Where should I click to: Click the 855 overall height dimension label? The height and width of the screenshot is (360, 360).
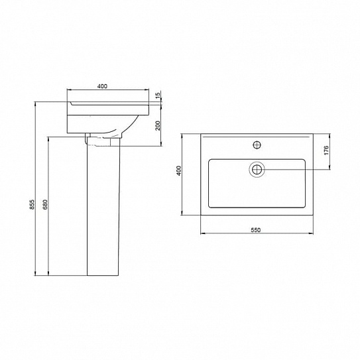tap(32, 204)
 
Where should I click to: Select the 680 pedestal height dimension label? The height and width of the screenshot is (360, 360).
tap(45, 204)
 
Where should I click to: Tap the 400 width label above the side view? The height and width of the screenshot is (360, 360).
tap(102, 86)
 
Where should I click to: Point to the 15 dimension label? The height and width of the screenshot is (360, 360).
tap(158, 95)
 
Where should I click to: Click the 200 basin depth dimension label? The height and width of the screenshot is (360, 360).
tap(158, 125)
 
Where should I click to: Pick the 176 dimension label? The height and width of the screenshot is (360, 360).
tap(326, 150)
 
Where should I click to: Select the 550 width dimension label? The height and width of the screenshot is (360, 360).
tap(256, 230)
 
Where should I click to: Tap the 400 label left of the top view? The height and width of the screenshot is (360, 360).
tap(179, 170)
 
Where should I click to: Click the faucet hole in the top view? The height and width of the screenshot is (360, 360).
tap(257, 145)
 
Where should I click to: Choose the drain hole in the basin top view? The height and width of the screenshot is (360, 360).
tap(257, 170)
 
